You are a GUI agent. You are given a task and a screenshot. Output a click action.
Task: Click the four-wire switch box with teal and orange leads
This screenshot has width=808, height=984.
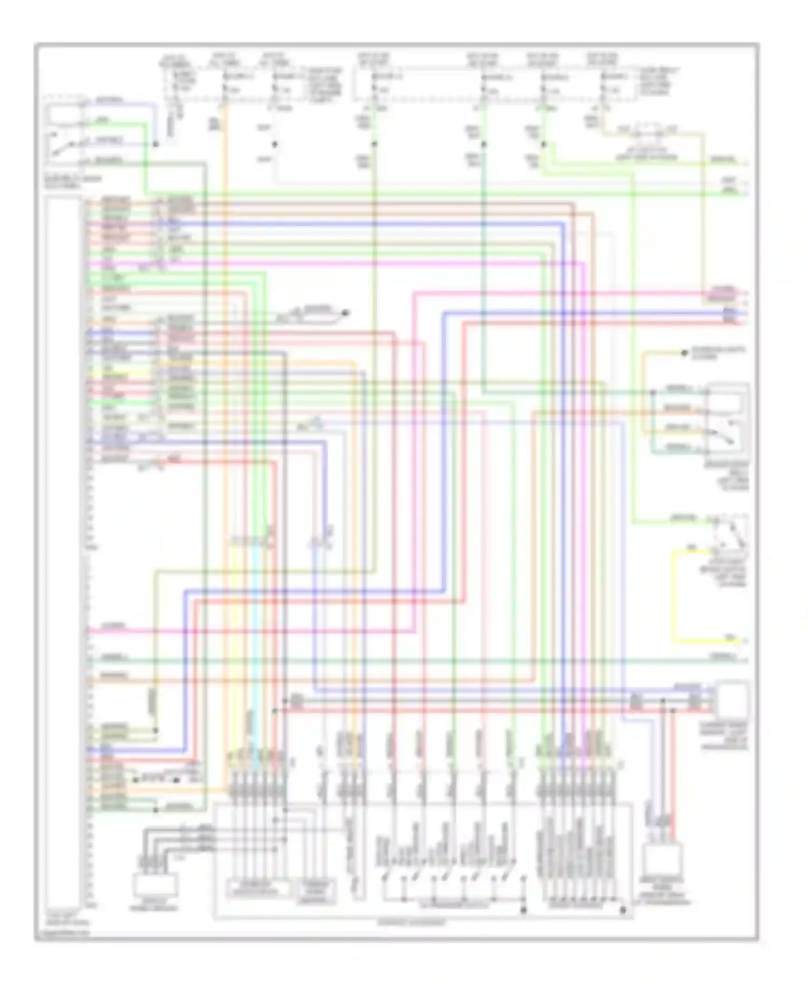(x=727, y=418)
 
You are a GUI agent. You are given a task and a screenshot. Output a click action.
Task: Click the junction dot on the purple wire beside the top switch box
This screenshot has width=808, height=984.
(x=155, y=144)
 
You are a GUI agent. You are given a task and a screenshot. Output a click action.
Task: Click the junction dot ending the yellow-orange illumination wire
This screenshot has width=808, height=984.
(x=684, y=353)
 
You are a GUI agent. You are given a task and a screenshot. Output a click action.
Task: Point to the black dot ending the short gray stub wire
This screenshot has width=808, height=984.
(x=347, y=312)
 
